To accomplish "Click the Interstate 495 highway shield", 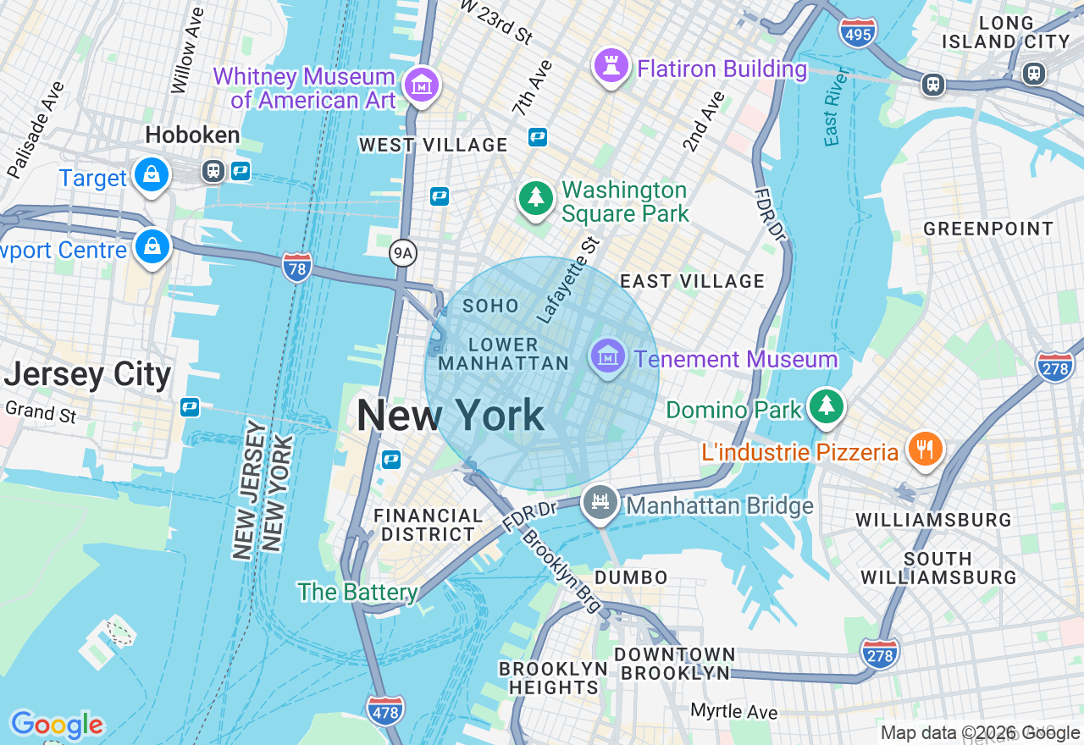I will [x=858, y=33].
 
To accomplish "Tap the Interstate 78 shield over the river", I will [x=297, y=267].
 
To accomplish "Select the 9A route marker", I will [x=404, y=251].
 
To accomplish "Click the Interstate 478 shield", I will [x=385, y=711].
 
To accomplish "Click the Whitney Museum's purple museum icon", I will [x=421, y=86].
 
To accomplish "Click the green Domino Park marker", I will [x=826, y=407].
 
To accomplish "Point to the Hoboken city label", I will [x=192, y=135].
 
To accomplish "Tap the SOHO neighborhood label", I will [x=490, y=306].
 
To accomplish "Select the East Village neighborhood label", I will [x=692, y=281].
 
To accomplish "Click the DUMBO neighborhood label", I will [x=631, y=577].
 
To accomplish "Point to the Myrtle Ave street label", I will [x=733, y=711].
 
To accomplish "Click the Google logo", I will [x=57, y=725].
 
